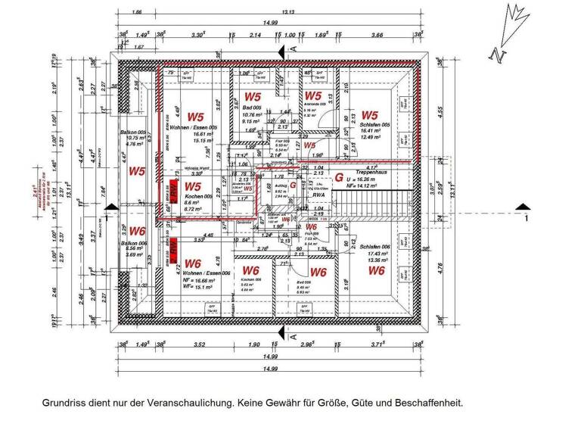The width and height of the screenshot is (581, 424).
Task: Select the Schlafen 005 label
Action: point(373,124)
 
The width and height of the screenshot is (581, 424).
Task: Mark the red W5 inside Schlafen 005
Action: point(369,115)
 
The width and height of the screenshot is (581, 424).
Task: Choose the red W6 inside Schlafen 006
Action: point(376,270)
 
